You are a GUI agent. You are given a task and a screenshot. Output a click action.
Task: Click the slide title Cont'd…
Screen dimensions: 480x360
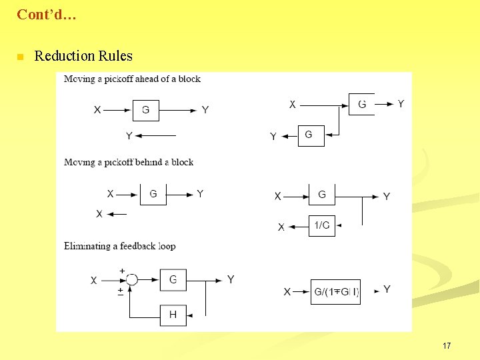(47, 14)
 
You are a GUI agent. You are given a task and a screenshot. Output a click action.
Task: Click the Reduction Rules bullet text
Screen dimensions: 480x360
(83, 56)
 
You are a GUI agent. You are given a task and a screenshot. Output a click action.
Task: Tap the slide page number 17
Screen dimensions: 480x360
(447, 346)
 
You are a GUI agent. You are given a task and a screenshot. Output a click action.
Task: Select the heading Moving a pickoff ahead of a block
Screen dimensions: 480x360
(132, 79)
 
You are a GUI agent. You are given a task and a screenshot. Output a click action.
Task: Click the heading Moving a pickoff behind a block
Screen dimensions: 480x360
(129, 162)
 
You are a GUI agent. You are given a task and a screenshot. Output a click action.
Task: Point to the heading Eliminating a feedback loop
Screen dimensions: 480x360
(120, 246)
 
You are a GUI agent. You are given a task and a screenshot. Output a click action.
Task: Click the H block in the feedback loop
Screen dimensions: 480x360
(173, 315)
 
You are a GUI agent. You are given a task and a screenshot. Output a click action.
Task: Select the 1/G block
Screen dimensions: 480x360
(322, 225)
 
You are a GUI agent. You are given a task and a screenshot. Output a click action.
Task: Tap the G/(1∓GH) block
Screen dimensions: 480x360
(336, 291)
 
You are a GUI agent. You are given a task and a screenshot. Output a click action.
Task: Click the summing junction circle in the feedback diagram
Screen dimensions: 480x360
(131, 280)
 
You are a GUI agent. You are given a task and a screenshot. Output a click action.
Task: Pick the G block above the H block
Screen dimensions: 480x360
(173, 280)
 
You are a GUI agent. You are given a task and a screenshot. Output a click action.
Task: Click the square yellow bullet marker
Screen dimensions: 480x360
(21, 57)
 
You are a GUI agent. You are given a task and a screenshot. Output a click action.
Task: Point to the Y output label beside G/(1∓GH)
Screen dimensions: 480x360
(387, 289)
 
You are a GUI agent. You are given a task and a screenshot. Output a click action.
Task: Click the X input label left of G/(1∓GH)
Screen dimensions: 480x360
(287, 292)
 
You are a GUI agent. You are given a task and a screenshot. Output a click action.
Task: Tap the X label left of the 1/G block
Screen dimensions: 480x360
(281, 227)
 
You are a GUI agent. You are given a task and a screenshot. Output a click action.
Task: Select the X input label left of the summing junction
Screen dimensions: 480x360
(94, 281)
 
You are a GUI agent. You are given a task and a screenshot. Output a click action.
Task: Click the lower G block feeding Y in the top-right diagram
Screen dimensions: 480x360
(309, 135)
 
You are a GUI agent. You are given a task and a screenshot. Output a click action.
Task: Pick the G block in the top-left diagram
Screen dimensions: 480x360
(146, 110)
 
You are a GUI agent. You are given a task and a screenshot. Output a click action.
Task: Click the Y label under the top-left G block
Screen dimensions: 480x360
(129, 137)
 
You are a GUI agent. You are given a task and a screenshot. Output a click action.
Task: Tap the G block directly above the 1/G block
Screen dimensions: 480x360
(322, 195)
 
